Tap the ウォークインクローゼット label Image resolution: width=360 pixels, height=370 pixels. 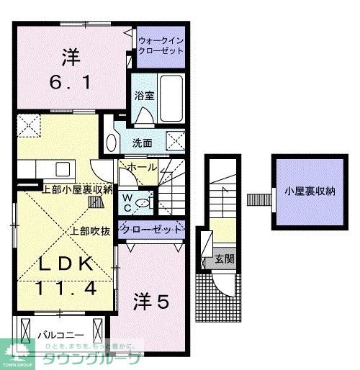tap(161, 47)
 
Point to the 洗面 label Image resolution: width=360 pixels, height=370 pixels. tap(142, 143)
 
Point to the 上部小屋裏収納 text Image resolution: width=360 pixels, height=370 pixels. tap(78, 189)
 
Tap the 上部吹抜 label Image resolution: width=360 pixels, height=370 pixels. tap(89, 232)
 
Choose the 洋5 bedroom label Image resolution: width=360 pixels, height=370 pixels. tap(150, 302)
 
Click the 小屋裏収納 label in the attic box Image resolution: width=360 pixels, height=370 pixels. tap(310, 191)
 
